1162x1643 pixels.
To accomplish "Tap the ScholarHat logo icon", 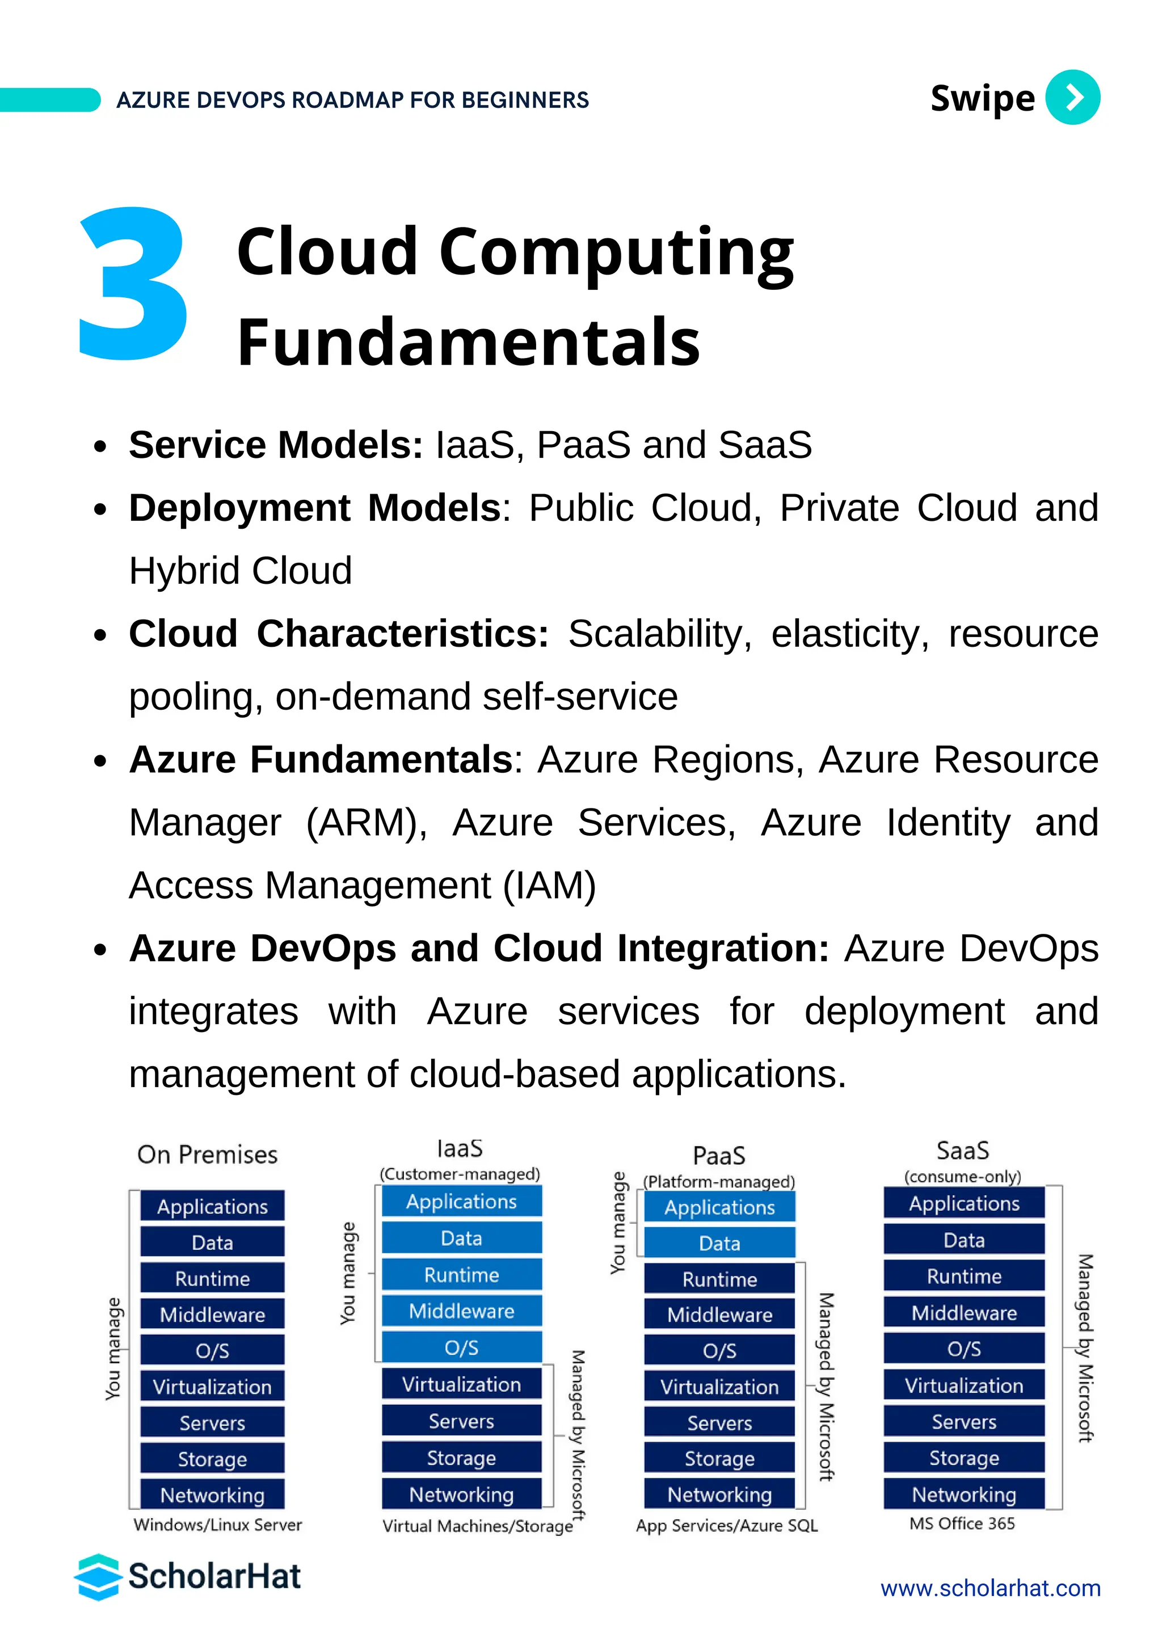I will [98, 1577].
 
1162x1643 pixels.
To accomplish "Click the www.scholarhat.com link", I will [990, 1588].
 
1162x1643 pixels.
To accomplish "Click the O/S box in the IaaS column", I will [461, 1347].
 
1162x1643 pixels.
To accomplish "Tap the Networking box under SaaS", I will [964, 1494].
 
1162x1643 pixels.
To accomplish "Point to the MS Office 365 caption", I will [962, 1523].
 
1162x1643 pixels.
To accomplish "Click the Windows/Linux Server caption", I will [217, 1524].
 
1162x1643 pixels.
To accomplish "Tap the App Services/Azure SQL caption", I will [726, 1525].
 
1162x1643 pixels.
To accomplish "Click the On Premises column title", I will [208, 1155].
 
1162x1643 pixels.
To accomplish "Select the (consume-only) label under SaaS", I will [962, 1177].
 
